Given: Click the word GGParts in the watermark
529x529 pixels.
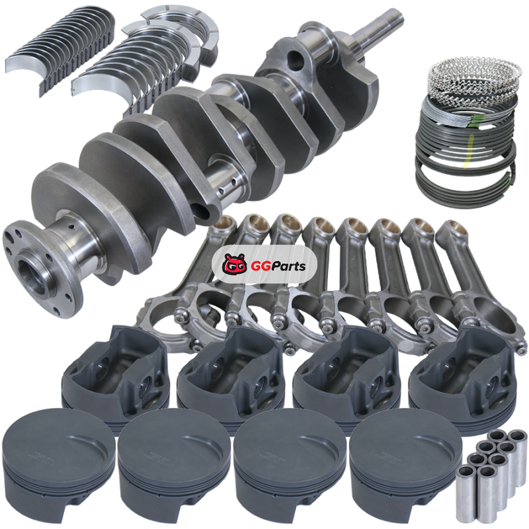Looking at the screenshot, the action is coord(278,266).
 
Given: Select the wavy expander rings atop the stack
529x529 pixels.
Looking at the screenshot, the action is coord(474,77).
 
